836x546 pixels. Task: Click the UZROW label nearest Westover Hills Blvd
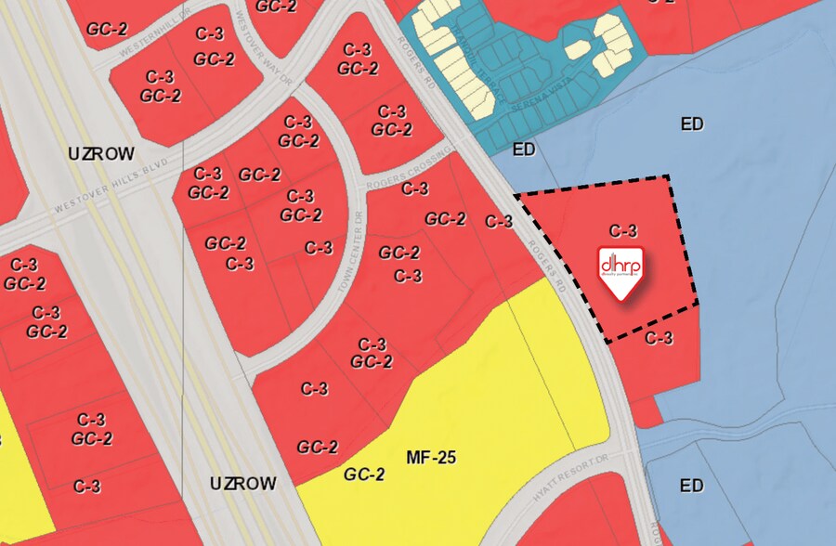tap(101, 154)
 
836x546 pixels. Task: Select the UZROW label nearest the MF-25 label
tap(242, 484)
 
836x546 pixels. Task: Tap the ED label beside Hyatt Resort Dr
tap(692, 486)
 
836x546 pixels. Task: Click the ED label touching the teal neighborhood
tap(524, 149)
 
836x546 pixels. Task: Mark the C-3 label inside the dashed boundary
tap(623, 230)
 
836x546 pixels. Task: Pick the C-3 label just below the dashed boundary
tap(659, 339)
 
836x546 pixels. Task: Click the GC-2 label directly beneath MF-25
tap(364, 474)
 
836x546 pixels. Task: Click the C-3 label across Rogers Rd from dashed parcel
tap(499, 221)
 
